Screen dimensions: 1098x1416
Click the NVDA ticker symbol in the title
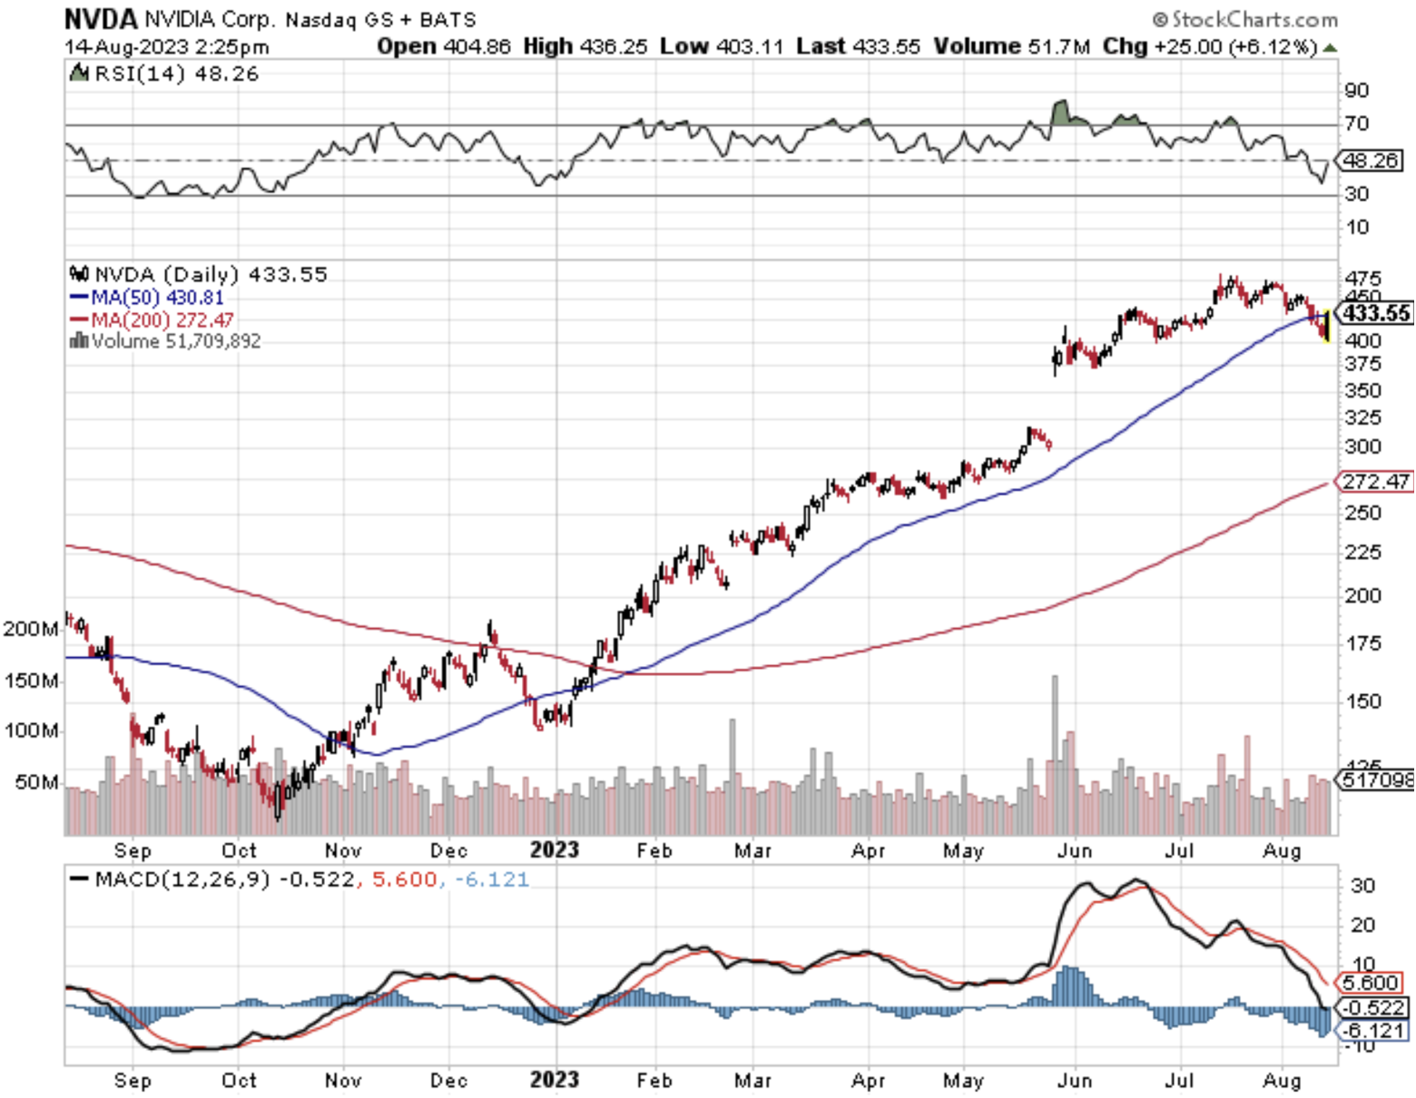[101, 18]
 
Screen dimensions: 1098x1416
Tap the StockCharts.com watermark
[1245, 19]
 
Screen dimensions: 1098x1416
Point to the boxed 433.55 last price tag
[1376, 314]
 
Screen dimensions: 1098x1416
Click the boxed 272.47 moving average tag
[1376, 481]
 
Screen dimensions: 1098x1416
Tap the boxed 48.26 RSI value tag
[1371, 161]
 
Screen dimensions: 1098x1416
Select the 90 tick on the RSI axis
[1357, 90]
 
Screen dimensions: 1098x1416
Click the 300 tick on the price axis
[1362, 446]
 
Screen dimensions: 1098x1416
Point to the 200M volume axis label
[31, 629]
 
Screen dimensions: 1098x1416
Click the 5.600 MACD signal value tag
[1370, 983]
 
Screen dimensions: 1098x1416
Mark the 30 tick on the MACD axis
[1362, 886]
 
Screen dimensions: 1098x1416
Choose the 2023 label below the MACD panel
[554, 1080]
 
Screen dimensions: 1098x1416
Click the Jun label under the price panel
[1075, 851]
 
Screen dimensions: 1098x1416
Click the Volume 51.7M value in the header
[1012, 46]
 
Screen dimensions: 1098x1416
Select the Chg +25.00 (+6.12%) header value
[1209, 46]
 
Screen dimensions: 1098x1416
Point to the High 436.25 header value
[585, 46]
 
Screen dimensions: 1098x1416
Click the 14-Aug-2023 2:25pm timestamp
[167, 46]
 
